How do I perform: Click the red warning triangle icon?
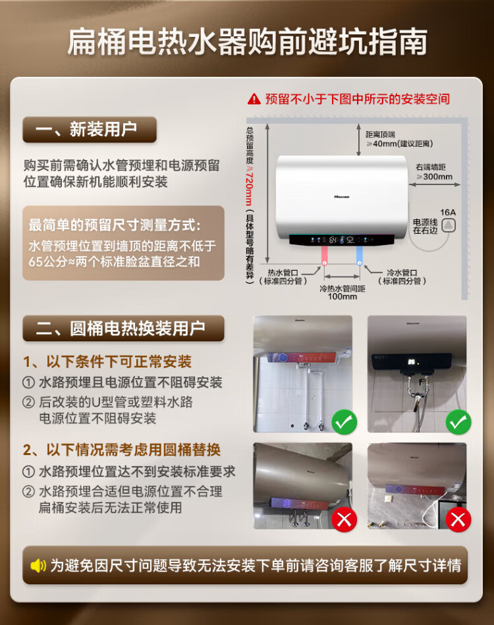[x=254, y=99]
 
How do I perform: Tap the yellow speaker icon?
[x=38, y=565]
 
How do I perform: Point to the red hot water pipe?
[x=325, y=255]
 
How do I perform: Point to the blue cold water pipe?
[x=360, y=255]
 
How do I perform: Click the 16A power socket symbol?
[x=449, y=225]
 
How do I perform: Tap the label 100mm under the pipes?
[x=342, y=296]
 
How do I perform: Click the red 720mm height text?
[x=250, y=188]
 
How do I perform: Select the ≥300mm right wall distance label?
[x=435, y=177]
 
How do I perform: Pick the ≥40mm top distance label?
[x=399, y=144]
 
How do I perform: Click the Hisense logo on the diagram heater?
[x=342, y=197]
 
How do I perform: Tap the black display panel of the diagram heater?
[x=342, y=240]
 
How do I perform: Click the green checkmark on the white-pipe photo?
[x=344, y=422]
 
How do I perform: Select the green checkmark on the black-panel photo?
[x=458, y=422]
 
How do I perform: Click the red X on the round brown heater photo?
[x=344, y=520]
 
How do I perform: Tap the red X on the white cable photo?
[x=458, y=520]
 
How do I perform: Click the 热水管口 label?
[x=283, y=273]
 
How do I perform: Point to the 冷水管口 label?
[x=402, y=273]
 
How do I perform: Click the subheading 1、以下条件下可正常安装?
[x=107, y=362]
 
